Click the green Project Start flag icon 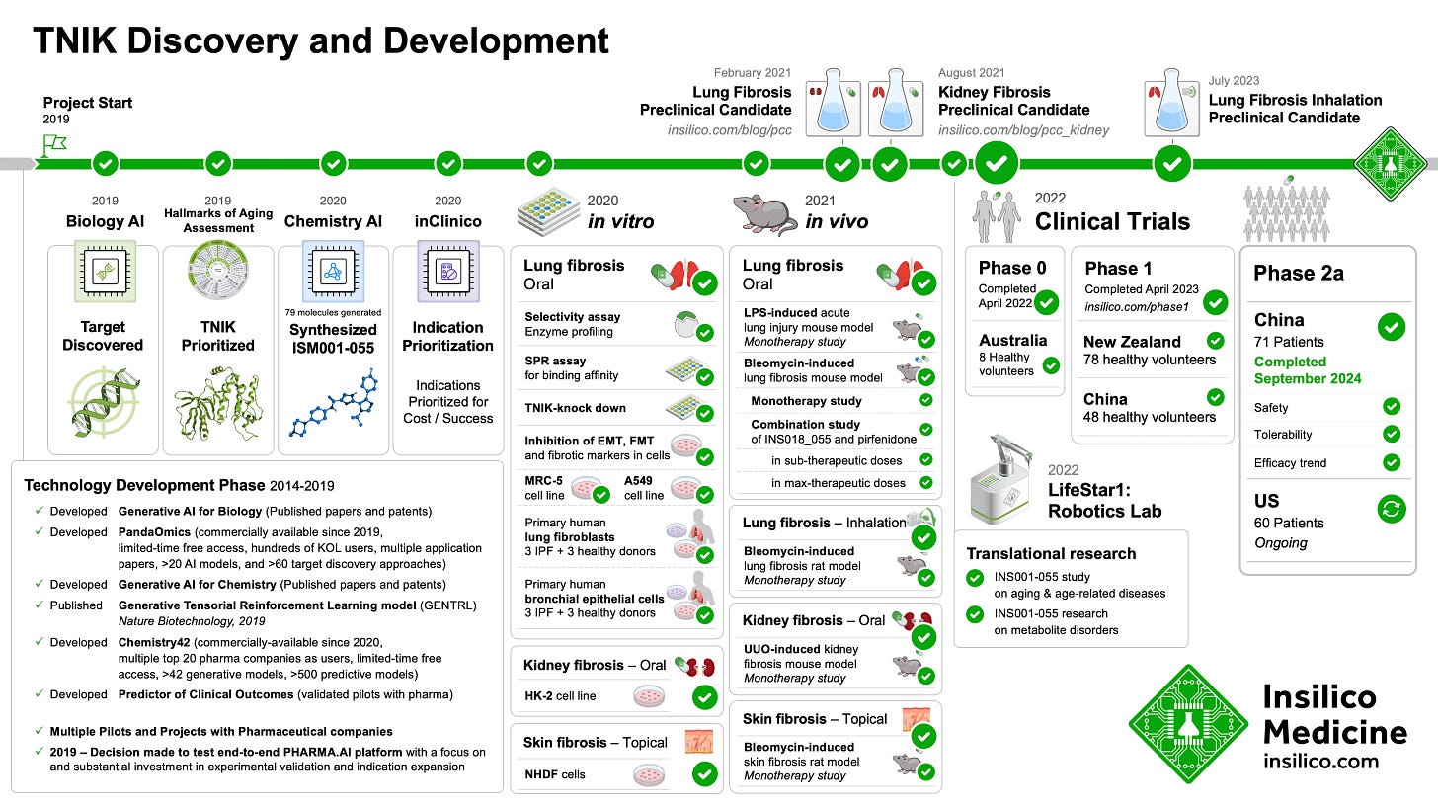53,146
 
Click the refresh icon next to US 1391,509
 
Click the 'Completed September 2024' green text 1308,369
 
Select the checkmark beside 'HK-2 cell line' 705,696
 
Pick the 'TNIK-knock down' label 575,408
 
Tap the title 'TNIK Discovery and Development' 321,41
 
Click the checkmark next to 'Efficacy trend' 1391,462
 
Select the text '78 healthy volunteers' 1151,360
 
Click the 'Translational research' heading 1051,553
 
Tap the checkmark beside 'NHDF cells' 705,774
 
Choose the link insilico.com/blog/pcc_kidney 1023,129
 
